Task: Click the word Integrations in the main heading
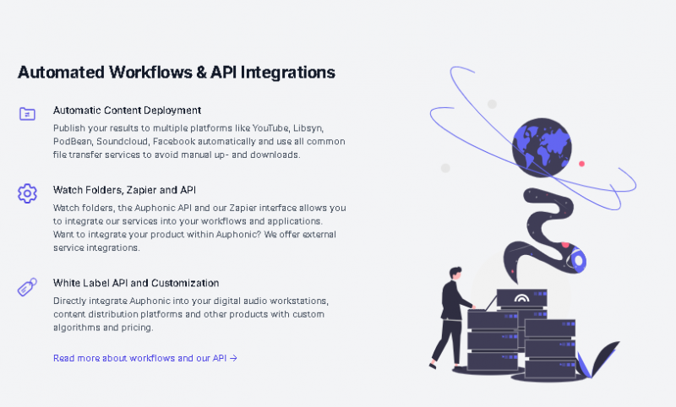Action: click(288, 72)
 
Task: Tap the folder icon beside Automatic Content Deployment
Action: click(27, 113)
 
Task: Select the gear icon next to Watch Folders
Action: click(27, 193)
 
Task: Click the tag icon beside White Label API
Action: click(27, 287)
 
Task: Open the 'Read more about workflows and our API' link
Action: click(144, 358)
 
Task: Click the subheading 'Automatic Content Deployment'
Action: click(127, 110)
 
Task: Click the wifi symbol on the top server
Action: click(522, 299)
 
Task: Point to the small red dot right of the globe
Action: click(582, 163)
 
